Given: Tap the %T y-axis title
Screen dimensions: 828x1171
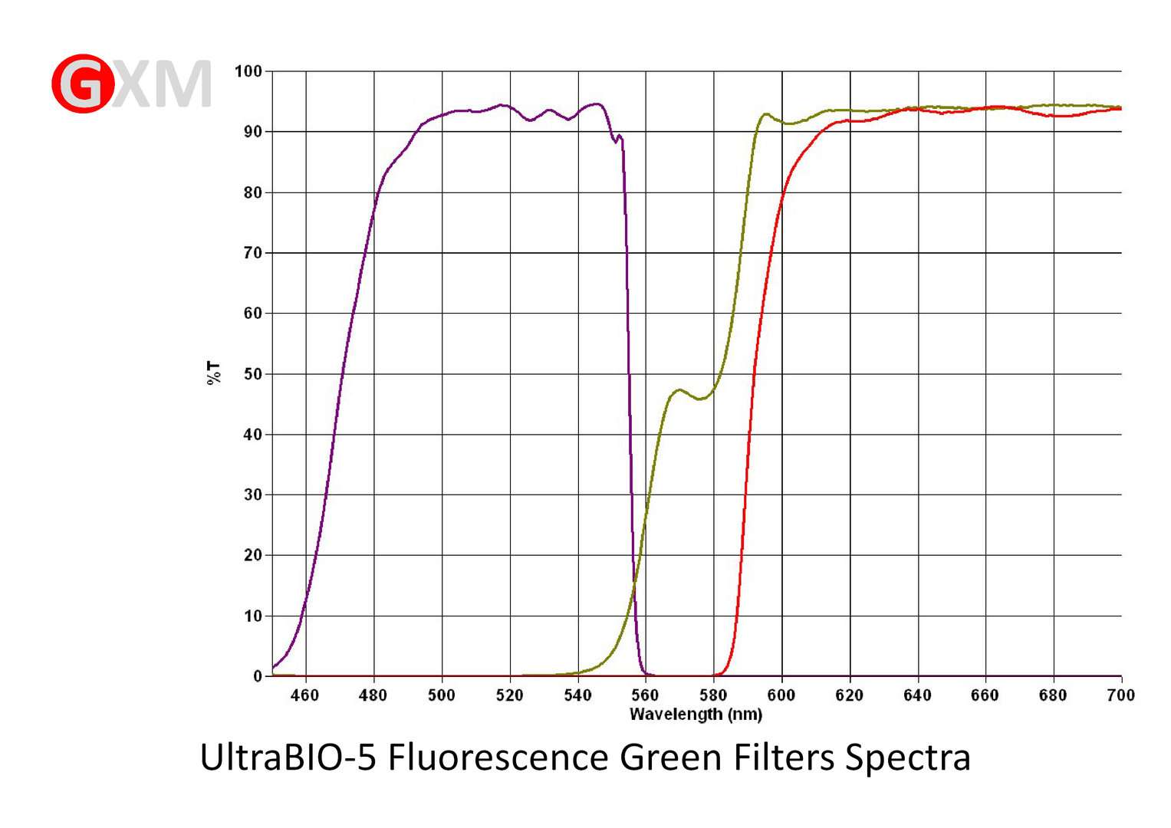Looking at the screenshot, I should click(x=213, y=373).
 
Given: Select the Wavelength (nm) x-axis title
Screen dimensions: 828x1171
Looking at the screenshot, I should click(x=696, y=715).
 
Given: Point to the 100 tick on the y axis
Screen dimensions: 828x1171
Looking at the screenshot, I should click(x=248, y=71).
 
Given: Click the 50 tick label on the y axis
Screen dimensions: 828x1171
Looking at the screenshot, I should click(x=252, y=374).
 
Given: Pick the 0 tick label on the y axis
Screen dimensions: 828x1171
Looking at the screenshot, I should click(x=258, y=676).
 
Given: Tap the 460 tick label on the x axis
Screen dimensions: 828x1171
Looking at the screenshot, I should click(x=305, y=695).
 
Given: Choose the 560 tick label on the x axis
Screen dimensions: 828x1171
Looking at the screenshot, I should click(x=645, y=695).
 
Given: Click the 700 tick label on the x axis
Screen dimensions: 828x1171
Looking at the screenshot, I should click(x=1120, y=695).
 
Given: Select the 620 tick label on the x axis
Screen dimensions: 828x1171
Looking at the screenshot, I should click(x=849, y=695).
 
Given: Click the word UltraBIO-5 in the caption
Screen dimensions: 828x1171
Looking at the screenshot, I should click(x=288, y=757).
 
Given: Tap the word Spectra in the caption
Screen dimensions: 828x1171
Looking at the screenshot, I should click(x=908, y=757).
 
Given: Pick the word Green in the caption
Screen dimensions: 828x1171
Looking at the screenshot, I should click(x=670, y=757).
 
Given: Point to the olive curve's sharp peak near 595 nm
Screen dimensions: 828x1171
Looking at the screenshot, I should click(x=765, y=114).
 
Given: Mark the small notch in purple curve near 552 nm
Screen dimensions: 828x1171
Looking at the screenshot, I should click(x=614, y=141).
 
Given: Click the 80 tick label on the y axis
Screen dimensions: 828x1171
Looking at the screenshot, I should click(x=252, y=192).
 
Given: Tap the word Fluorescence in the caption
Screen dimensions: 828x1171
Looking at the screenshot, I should click(x=498, y=757).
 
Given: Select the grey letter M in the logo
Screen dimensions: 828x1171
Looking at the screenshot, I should click(x=183, y=84).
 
